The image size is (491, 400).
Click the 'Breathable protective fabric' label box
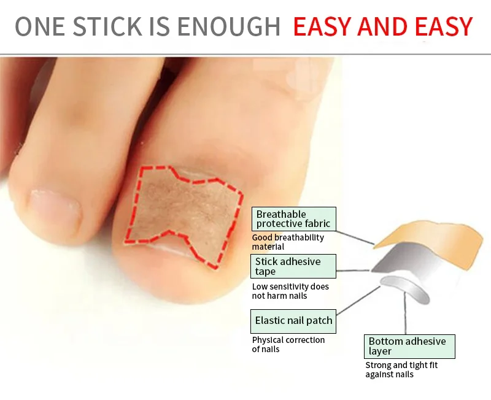(x=294, y=219)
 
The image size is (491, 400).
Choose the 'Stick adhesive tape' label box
(x=294, y=266)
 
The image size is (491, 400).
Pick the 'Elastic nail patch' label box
(x=294, y=320)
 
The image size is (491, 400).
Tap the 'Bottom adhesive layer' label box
(x=409, y=346)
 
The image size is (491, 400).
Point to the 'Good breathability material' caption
(x=287, y=242)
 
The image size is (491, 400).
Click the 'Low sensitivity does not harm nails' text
(x=290, y=291)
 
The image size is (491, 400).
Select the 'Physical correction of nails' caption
(x=288, y=344)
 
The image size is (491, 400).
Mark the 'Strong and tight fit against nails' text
(x=401, y=369)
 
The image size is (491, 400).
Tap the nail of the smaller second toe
(x=55, y=206)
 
